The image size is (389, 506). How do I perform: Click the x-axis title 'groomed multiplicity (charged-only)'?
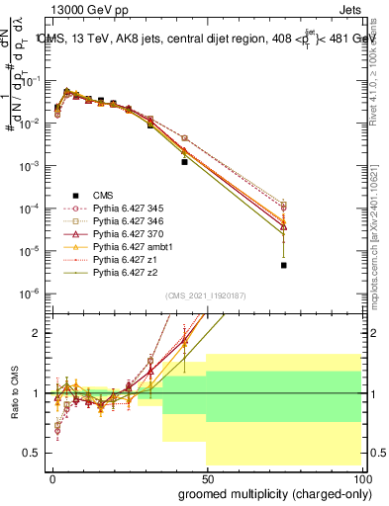click(x=269, y=494)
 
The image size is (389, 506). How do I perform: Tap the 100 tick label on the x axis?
click(x=362, y=479)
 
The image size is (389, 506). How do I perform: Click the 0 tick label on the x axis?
click(x=50, y=479)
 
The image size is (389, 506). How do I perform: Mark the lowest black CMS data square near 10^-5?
click(x=284, y=265)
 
